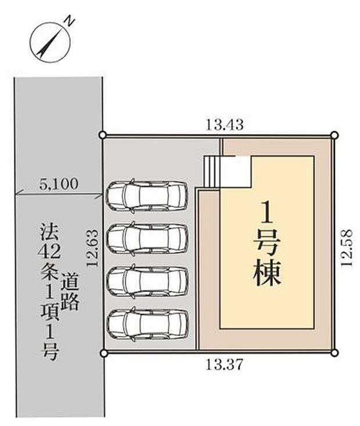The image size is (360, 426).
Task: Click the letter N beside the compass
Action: pos(69,22)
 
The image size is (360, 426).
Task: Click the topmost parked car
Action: pos(147,194)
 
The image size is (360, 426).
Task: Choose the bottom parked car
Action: pos(147,324)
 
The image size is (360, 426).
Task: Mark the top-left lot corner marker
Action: pos(103,135)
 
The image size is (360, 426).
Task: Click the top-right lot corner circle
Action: pos(334,135)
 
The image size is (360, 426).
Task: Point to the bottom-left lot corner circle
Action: pos(103,352)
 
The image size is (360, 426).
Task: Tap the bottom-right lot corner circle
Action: pos(334,352)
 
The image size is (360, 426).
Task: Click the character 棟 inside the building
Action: pos(267,273)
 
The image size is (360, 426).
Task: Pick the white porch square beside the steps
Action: pos(237,172)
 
